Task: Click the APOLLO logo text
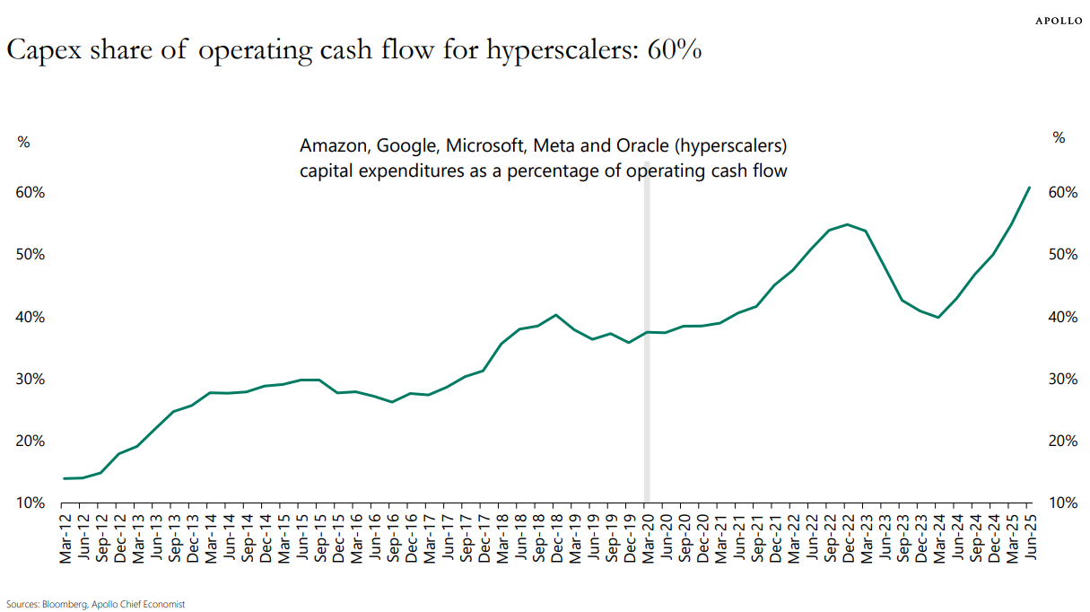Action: point(1059,20)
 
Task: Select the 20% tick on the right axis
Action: point(1062,441)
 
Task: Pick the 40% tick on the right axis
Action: point(1062,317)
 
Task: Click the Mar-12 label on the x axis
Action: point(65,536)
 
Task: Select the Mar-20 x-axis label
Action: point(647,536)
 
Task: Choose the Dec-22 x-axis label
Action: point(848,536)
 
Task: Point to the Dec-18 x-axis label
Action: point(555,536)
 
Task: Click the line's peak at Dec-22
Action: point(848,224)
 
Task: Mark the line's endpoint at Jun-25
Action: point(1029,188)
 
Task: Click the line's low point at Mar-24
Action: point(938,317)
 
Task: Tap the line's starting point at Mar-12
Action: point(65,478)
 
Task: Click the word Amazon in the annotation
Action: point(332,146)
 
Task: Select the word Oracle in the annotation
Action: point(640,146)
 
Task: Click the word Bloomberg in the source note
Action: point(64,605)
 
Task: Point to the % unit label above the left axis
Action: point(24,141)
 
